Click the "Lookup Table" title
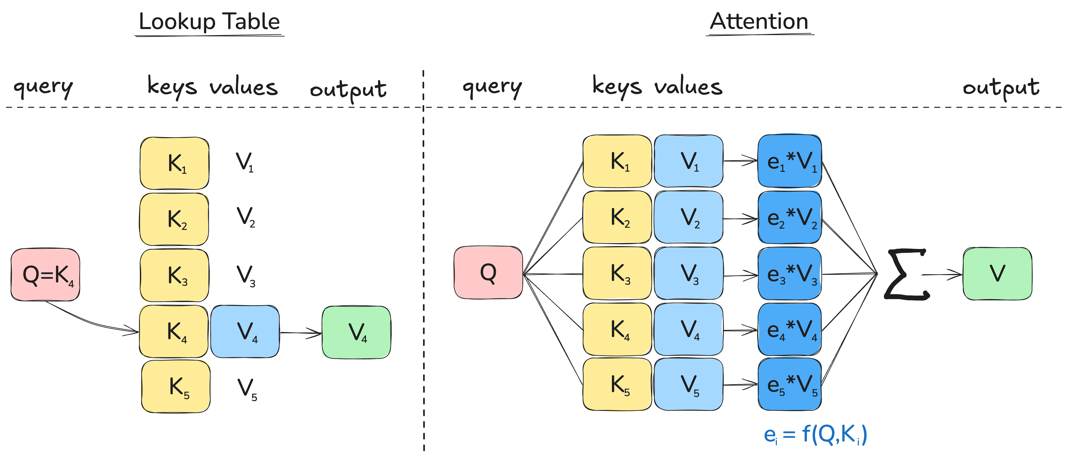coord(209,22)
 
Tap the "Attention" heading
coord(759,22)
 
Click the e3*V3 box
coord(790,274)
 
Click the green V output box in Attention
coord(997,274)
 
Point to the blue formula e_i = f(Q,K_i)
coord(815,434)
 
